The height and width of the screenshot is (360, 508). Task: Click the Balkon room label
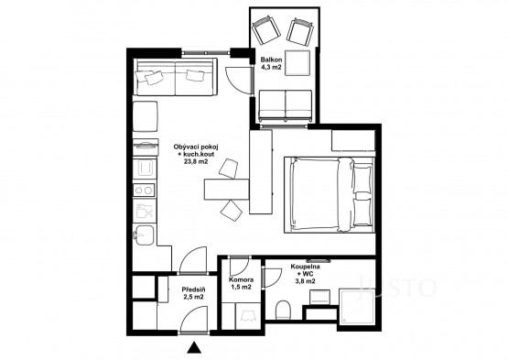pyautogui.click(x=271, y=60)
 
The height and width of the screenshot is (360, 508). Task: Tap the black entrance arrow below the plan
pyautogui.click(x=194, y=347)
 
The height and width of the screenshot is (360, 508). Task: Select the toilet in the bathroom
pyautogui.click(x=283, y=310)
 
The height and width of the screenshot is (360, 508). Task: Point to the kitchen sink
pyautogui.click(x=145, y=235)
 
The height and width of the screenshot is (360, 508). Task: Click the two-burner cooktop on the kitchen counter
pyautogui.click(x=145, y=191)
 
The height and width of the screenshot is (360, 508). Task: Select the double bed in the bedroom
pyautogui.click(x=330, y=194)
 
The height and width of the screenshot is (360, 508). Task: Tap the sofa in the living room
pyautogui.click(x=176, y=77)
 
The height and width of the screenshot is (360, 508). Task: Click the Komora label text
pyautogui.click(x=241, y=279)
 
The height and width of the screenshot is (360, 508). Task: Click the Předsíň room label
pyautogui.click(x=193, y=289)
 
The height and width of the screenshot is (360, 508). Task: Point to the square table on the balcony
pyautogui.click(x=298, y=63)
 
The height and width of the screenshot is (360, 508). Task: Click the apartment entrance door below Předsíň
pyautogui.click(x=193, y=320)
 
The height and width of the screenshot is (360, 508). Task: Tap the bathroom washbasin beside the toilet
pyautogui.click(x=319, y=297)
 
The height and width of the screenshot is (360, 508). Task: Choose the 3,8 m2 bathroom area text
pyautogui.click(x=305, y=281)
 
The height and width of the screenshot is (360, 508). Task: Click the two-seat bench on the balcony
pyautogui.click(x=286, y=105)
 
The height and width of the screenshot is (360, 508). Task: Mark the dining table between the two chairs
pyautogui.click(x=226, y=189)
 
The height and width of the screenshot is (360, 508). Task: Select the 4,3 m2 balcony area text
pyautogui.click(x=271, y=68)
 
